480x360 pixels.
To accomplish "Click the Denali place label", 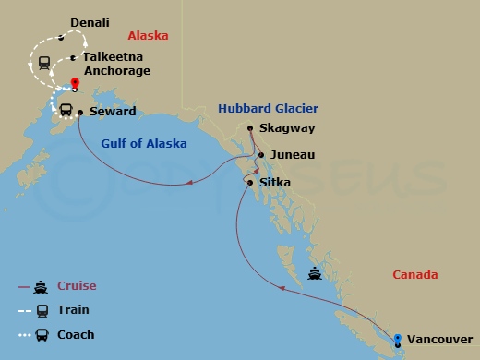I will [90, 22].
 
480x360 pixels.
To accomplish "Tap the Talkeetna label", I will [111, 55].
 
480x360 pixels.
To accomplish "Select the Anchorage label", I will [116, 70].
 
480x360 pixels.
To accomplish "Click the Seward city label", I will [114, 112].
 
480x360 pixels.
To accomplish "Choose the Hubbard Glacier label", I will [256, 108].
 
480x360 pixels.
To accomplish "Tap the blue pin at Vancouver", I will [399, 339].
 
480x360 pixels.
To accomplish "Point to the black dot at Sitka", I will [250, 182].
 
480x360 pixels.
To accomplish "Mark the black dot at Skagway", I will [251, 128].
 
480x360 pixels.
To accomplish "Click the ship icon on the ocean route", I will [316, 273].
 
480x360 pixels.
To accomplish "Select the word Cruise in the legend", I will [77, 286].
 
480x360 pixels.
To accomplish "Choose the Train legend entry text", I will [74, 310].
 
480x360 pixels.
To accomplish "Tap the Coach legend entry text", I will [76, 334].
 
